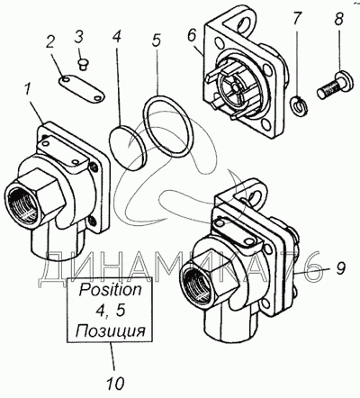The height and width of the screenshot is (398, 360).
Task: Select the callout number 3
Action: pos(79,38)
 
